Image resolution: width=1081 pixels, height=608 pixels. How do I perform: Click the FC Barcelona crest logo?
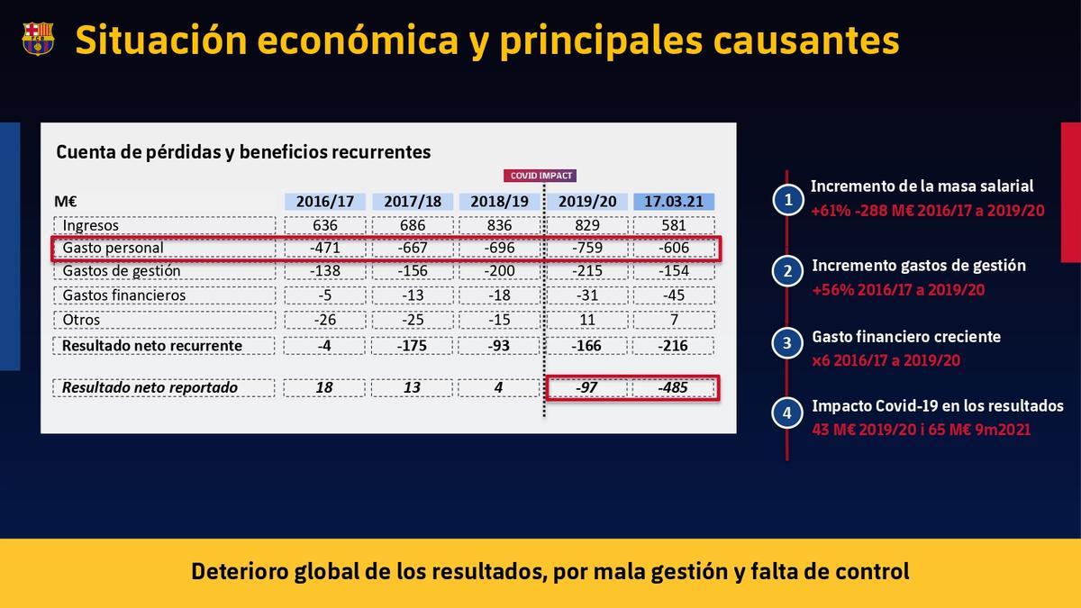38,39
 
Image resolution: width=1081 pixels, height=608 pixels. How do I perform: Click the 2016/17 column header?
324,201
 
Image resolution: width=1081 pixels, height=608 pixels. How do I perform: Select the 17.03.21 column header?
673,201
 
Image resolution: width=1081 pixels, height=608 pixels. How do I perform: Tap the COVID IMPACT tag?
541,176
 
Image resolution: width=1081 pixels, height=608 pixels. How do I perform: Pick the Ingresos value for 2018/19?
499,225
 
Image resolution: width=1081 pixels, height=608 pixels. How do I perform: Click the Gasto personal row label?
113,248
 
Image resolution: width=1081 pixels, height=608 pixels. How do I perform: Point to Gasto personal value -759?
586,248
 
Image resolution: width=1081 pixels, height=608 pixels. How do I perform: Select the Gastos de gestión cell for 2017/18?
412,271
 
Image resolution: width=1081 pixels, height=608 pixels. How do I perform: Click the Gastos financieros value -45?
673,295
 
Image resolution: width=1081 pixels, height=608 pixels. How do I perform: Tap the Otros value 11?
586,320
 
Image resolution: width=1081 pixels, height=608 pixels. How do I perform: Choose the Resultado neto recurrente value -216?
673,345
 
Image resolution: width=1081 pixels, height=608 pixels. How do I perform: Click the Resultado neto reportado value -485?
673,387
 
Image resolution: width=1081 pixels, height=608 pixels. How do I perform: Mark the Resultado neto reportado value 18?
324,387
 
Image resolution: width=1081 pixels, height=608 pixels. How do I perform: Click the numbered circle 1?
788,200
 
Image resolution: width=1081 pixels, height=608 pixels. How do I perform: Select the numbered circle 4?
788,413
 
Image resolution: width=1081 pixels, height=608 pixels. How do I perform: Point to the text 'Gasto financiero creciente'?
906,336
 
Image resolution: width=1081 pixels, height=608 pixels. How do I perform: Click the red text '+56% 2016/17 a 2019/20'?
898,290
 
